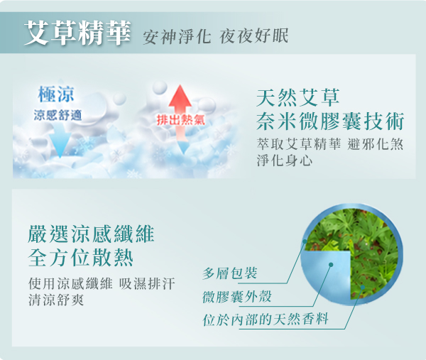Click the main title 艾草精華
click(x=77, y=33)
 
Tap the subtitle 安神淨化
click(x=177, y=37)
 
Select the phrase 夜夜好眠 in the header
click(x=254, y=36)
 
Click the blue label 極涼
click(x=56, y=94)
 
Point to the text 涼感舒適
click(x=58, y=115)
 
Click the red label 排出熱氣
click(x=181, y=120)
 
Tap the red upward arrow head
click(x=180, y=96)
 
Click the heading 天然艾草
click(x=298, y=97)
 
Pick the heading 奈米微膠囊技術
click(x=330, y=121)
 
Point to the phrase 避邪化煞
click(x=375, y=143)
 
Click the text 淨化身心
click(x=285, y=160)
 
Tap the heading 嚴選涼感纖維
click(x=91, y=234)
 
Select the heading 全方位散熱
click(x=80, y=258)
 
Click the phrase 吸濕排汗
click(x=147, y=283)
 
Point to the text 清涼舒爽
click(x=56, y=300)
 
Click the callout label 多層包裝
click(x=229, y=273)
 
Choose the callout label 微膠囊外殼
click(x=236, y=296)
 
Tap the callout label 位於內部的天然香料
click(x=265, y=319)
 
